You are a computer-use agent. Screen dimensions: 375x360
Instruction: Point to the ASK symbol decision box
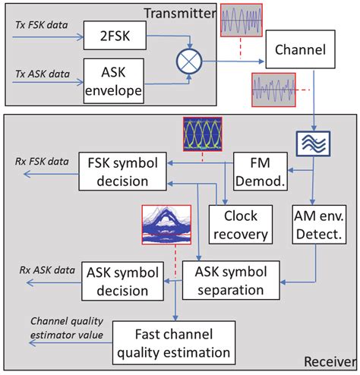pos(116,281)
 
